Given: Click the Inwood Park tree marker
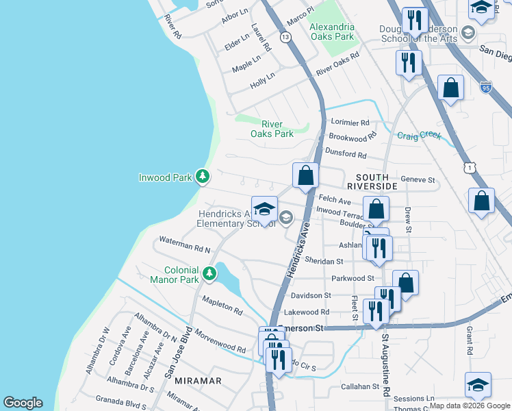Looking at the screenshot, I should [x=202, y=177].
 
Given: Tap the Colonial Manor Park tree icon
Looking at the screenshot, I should [x=209, y=275].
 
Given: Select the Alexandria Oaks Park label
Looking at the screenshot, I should [x=332, y=31].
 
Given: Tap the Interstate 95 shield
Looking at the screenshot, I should [x=486, y=87].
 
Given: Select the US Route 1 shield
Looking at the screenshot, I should [x=469, y=166].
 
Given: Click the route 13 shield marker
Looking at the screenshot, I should [x=285, y=36].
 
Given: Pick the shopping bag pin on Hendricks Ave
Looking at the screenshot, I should [x=305, y=175].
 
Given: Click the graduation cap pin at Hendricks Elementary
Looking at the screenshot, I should [x=264, y=209].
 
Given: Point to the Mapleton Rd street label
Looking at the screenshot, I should [x=222, y=306].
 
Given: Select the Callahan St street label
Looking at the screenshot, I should [x=361, y=386].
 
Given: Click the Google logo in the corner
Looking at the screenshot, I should [x=23, y=403].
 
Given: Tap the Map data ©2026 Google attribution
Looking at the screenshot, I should [x=469, y=406].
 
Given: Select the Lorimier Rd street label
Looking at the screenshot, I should [x=350, y=123].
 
